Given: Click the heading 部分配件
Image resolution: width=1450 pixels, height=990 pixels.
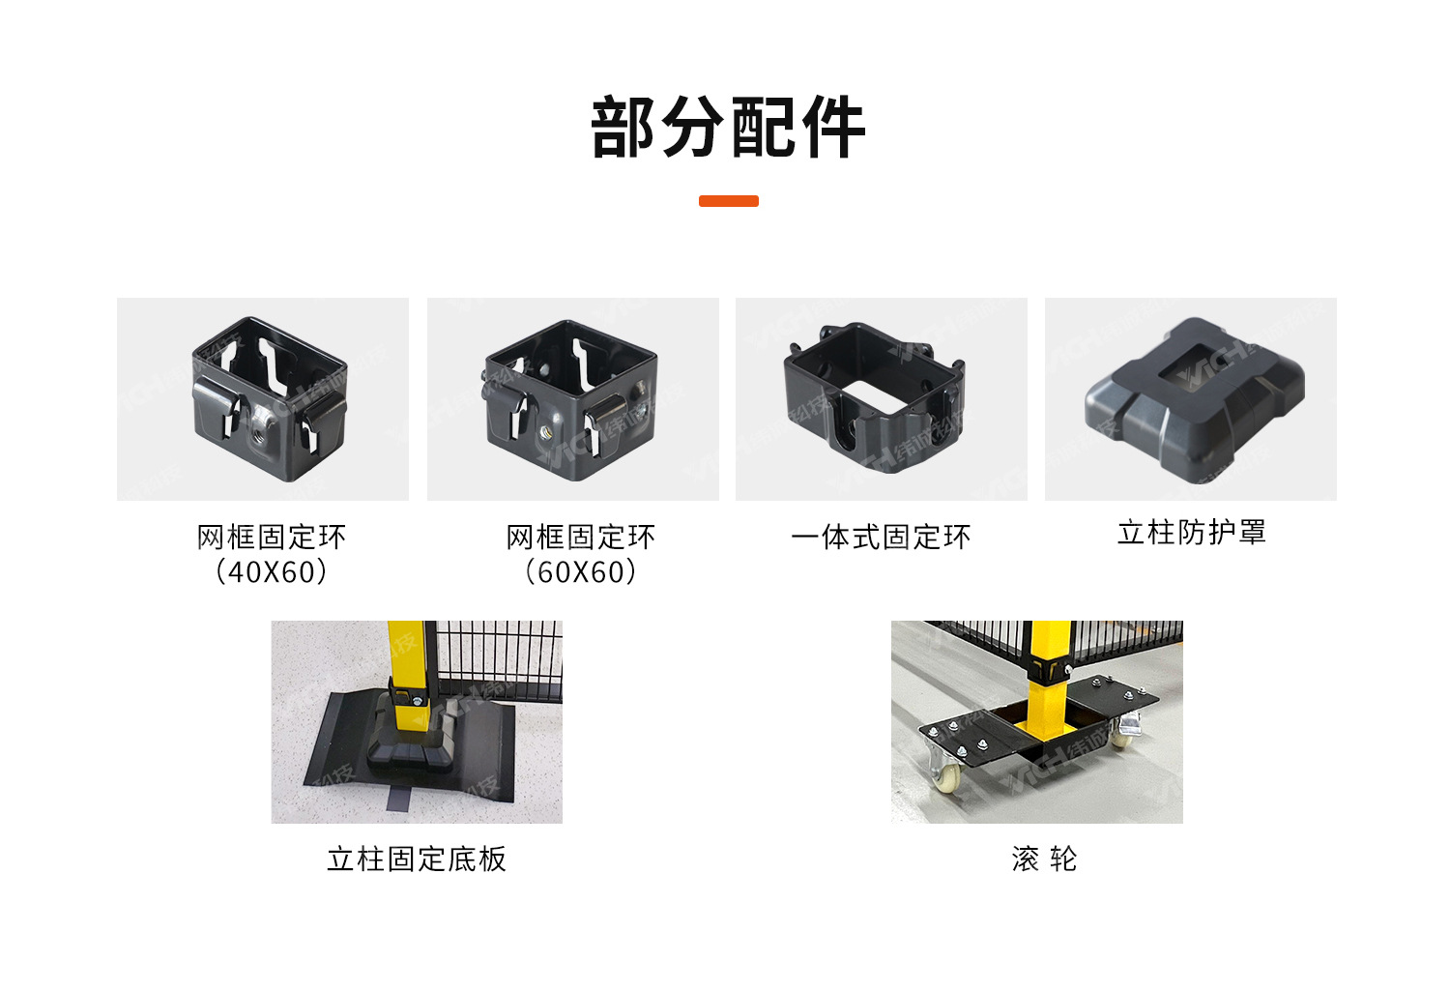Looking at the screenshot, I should coord(727,128).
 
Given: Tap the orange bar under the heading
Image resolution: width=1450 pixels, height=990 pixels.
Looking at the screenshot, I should coord(728,201).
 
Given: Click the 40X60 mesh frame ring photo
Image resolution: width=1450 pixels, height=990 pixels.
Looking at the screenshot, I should coord(263,398).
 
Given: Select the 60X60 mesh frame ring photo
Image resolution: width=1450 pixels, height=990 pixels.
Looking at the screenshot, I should coord(572,398).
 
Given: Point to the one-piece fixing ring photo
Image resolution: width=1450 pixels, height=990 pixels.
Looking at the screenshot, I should coord(881,398).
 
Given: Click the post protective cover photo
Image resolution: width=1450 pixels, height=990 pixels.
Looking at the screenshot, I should coord(1191,398).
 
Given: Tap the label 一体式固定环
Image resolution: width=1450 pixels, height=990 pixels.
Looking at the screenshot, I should coord(881,538).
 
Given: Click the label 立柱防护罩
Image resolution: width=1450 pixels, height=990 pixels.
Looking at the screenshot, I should coord(1191,533).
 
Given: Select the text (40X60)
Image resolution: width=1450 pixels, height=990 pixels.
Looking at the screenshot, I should coord(271,572).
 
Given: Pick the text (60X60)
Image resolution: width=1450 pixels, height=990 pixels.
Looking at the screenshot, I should coord(580,572).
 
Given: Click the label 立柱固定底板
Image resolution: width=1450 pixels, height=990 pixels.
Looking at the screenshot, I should coord(417,859).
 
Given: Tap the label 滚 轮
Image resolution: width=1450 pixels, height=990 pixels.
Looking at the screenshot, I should coord(1044,859).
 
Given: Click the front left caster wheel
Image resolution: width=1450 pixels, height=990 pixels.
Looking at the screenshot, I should coord(946,774).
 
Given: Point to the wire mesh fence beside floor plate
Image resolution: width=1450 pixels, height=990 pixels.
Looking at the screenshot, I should coord(503,657).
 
